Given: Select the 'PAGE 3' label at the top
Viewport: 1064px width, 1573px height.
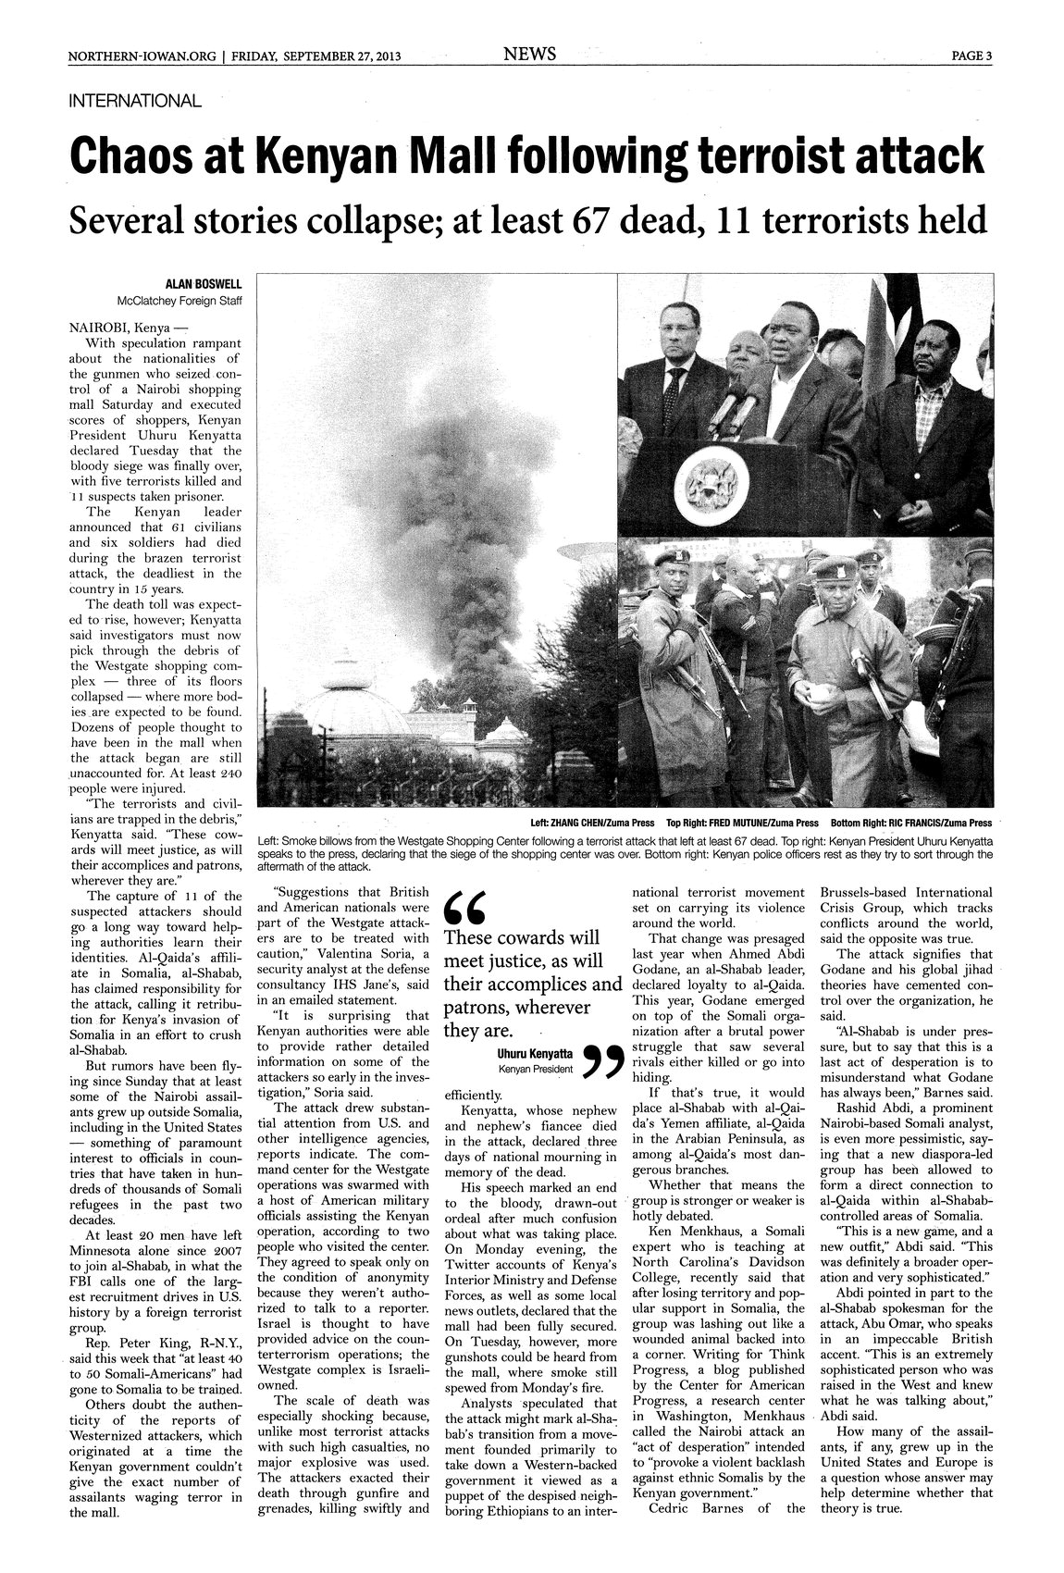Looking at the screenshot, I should (971, 56).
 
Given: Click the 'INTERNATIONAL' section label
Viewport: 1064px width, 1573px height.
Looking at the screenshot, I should (135, 101).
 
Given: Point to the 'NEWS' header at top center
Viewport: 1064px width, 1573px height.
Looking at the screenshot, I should (529, 55).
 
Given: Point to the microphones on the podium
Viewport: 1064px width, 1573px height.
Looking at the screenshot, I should (735, 403).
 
